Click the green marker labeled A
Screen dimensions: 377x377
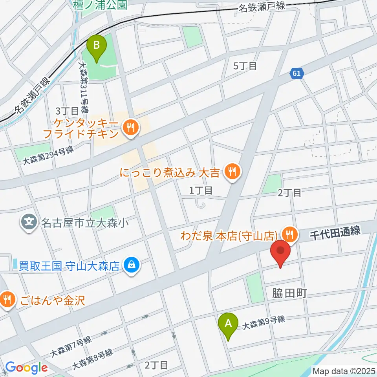click(x=230, y=324)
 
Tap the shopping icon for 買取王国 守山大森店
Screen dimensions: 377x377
click(x=130, y=265)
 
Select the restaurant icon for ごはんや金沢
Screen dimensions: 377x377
click(x=7, y=300)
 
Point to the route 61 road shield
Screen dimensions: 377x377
click(x=297, y=73)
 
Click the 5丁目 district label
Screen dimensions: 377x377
click(x=245, y=66)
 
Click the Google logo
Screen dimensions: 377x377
click(x=27, y=368)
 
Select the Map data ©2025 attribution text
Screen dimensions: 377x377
click(x=344, y=370)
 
